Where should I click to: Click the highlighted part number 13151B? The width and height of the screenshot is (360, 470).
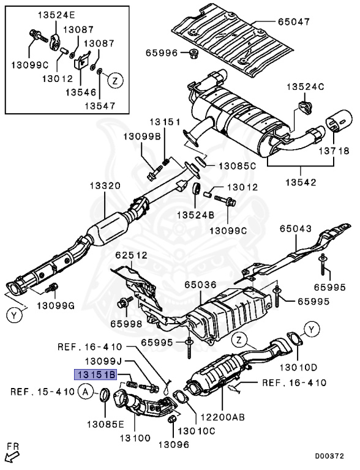[x=95, y=375]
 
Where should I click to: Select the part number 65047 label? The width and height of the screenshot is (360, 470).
[x=293, y=21]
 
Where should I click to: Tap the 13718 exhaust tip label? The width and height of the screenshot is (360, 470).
[x=334, y=151]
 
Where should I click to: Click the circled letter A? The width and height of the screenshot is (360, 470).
[x=86, y=392]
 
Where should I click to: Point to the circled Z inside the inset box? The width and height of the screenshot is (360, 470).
[x=116, y=80]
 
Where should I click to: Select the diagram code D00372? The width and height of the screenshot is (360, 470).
[x=329, y=456]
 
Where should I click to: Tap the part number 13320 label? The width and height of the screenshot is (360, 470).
[x=105, y=186]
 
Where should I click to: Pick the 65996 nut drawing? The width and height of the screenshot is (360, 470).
[x=193, y=54]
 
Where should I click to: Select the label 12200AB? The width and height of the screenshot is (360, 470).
[x=223, y=417]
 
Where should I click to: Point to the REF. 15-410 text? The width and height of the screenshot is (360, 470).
[x=42, y=392]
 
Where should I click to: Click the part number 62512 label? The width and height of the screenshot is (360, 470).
[x=132, y=255]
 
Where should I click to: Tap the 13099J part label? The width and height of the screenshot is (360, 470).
[x=103, y=361]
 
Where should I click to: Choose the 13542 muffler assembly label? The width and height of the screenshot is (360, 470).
[x=301, y=182]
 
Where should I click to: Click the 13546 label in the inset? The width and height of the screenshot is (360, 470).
[x=81, y=92]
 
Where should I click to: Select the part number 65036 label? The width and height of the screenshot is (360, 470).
[x=200, y=285]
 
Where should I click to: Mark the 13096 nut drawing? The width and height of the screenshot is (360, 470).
[x=171, y=420]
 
